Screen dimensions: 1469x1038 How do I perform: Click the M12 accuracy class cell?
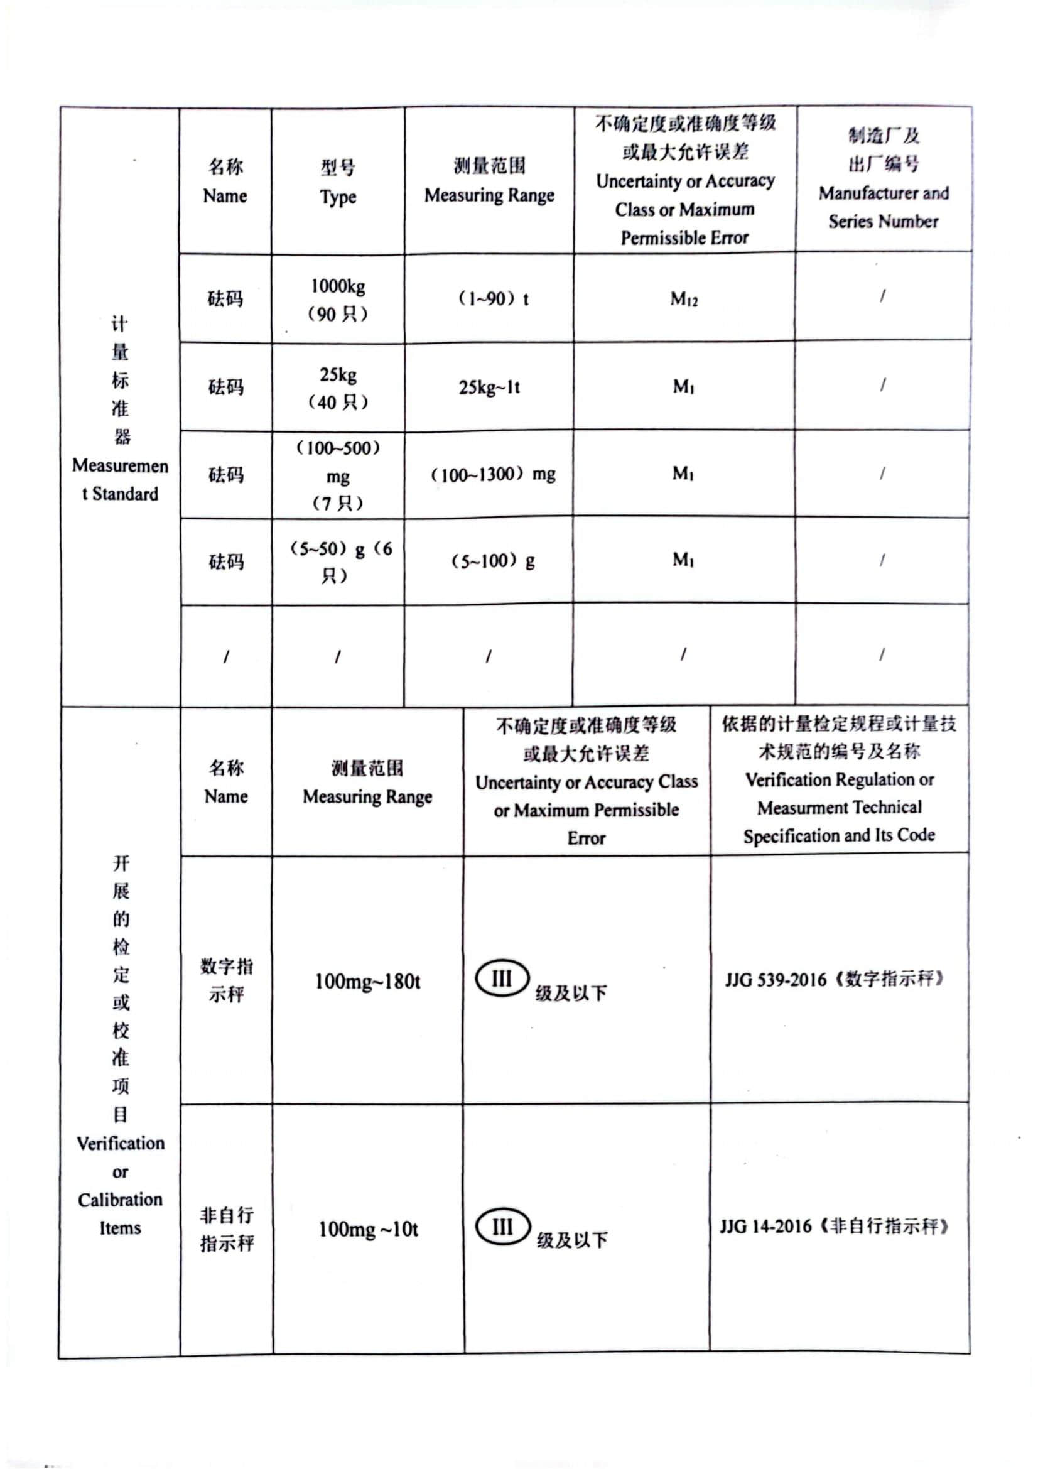(684, 299)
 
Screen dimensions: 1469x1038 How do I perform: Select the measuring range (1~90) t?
(492, 299)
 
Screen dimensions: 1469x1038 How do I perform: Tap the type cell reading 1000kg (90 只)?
(338, 300)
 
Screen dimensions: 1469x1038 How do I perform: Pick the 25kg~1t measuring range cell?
(489, 387)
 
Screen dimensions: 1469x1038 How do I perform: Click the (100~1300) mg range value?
(492, 475)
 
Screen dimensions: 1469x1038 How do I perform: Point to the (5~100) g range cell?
(492, 561)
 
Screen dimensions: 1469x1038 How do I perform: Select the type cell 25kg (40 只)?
(338, 388)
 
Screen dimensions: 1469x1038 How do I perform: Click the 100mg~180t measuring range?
(367, 981)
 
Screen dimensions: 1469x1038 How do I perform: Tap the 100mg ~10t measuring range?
(369, 1229)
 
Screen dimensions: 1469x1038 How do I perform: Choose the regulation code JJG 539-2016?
(775, 980)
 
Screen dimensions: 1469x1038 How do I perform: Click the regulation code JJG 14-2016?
(765, 1227)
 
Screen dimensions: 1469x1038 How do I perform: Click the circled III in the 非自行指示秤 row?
(503, 1227)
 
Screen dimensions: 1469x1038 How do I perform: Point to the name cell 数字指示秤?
(227, 980)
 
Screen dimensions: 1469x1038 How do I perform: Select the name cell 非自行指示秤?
(227, 1228)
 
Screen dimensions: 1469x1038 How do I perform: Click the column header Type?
(338, 197)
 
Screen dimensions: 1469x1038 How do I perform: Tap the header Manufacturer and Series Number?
(884, 207)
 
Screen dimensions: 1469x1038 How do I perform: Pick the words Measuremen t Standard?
(120, 479)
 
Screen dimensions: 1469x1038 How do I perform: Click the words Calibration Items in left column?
(120, 1214)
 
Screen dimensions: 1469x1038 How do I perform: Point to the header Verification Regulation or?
(839, 779)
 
